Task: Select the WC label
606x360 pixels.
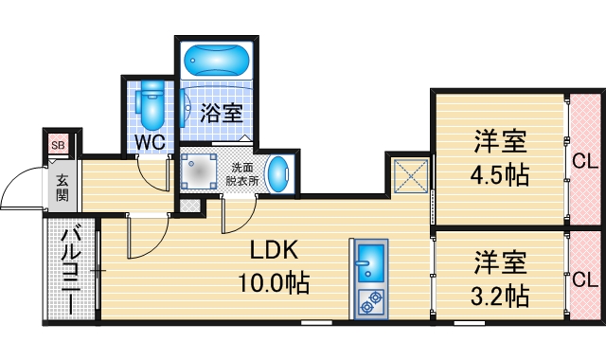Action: click(x=150, y=141)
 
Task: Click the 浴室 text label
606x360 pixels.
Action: click(x=222, y=114)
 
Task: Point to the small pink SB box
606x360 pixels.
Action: click(x=59, y=145)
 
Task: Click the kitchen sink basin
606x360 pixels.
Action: click(x=367, y=262)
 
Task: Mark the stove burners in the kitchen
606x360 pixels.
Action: click(x=367, y=302)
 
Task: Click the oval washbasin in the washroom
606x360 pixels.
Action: click(x=276, y=173)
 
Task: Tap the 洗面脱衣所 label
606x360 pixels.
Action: click(x=241, y=173)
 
